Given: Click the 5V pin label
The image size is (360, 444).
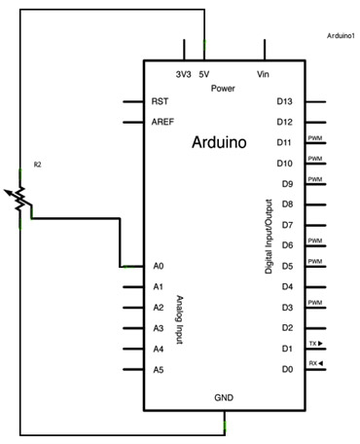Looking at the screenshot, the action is [x=204, y=75].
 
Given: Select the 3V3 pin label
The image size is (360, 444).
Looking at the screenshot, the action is [x=184, y=75].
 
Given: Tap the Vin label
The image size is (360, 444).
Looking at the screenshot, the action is [x=263, y=74].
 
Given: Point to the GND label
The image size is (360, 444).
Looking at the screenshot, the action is [x=224, y=397].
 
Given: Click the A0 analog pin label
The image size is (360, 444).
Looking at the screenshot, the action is [x=159, y=266].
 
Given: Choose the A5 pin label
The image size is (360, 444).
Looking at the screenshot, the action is [x=159, y=370].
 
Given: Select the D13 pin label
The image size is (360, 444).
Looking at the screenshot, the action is [x=284, y=101].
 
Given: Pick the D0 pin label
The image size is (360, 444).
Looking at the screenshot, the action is [x=287, y=369].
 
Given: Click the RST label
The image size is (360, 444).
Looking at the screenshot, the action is [x=160, y=101].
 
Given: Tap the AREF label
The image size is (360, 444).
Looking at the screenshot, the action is [x=162, y=122].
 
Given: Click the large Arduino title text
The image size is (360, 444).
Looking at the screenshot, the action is [x=219, y=142].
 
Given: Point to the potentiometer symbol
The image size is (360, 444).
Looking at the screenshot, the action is [x=18, y=199].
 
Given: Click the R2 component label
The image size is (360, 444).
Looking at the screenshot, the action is [x=38, y=165].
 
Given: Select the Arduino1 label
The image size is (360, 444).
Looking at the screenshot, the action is [x=341, y=36].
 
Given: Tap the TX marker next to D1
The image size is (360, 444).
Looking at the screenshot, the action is [x=316, y=343].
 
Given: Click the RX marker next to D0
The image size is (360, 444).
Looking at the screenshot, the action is [x=316, y=363].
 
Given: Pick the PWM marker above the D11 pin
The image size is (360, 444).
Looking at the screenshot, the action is [x=315, y=138].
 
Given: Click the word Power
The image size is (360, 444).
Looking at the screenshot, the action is [x=223, y=89].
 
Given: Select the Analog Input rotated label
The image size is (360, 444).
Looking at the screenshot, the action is [x=180, y=319].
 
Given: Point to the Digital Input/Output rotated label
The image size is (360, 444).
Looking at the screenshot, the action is [x=269, y=237].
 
